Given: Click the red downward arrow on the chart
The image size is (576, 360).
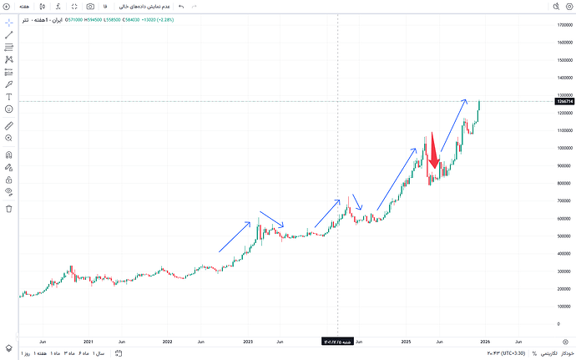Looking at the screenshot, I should [x=432, y=155].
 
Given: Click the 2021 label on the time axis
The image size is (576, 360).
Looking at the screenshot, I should [x=88, y=341].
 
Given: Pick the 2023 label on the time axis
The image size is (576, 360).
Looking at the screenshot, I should [x=248, y=341].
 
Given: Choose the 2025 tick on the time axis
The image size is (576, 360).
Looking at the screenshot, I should [x=407, y=341].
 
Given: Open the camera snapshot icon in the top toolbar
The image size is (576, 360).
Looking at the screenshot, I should [x=90, y=6].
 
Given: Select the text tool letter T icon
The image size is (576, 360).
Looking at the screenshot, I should [x=9, y=97].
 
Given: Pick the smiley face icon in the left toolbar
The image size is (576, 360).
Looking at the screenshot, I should [x=9, y=109].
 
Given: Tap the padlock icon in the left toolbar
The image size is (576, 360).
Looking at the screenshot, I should [x=9, y=180].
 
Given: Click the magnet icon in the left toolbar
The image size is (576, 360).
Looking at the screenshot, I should [x=9, y=155].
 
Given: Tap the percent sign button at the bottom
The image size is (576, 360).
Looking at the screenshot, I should [x=534, y=353].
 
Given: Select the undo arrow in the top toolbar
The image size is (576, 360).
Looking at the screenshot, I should [x=180, y=6].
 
